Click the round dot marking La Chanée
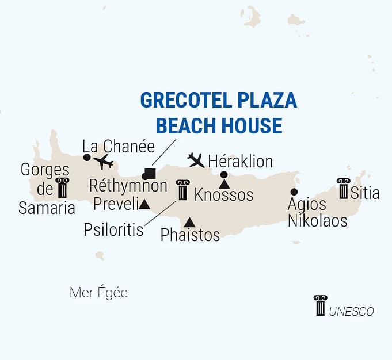coord(87,157)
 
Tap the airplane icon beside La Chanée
coord(104,162)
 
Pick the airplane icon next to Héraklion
coord(196,160)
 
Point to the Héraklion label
coord(239,160)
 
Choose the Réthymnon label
coord(128,186)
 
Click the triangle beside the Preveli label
coord(144,204)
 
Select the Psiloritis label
coord(113,230)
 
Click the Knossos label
coord(224,195)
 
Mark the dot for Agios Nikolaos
coord(294,192)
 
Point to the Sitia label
coord(366,193)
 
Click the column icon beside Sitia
coord(343,189)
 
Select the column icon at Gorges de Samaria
coord(62,188)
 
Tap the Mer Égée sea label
coord(98,293)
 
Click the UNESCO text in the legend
coord(352,311)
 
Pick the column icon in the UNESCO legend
coord(320,305)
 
